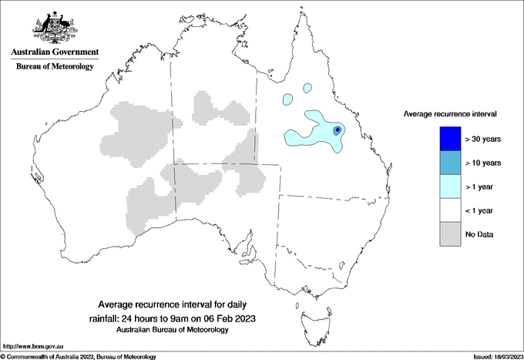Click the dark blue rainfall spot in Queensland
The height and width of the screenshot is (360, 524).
338,131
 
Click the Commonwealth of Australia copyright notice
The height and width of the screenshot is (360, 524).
79,357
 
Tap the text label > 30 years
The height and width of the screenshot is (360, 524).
483,139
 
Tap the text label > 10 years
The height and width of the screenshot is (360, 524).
483,163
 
